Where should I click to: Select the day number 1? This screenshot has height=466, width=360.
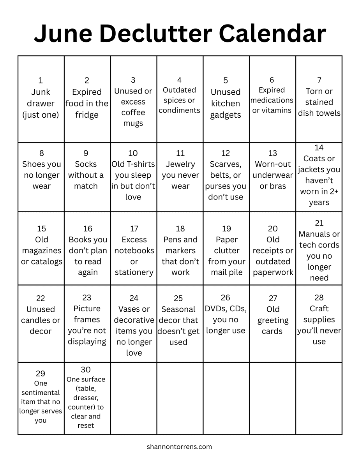41,81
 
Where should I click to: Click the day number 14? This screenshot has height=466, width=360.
319,148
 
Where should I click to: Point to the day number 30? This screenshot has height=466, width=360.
86,369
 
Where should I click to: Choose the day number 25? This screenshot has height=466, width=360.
178,298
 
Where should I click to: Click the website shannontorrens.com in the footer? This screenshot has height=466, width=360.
180,447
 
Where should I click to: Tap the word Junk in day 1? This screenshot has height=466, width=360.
41,92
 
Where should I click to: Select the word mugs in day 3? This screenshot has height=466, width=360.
133,124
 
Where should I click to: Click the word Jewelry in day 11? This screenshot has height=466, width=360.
180,164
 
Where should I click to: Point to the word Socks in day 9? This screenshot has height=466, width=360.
86,164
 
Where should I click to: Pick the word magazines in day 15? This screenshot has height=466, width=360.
42,251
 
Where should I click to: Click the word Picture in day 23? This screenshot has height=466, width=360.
87,309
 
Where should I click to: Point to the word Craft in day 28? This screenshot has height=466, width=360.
319,309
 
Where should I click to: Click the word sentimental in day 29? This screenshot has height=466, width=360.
41,392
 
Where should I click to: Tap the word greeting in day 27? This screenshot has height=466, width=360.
273,320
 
